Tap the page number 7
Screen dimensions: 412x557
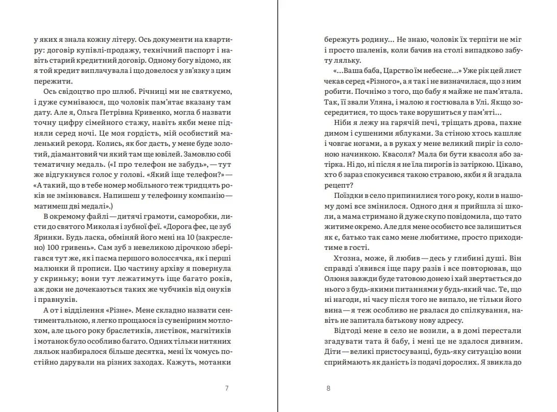coord(226,388)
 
